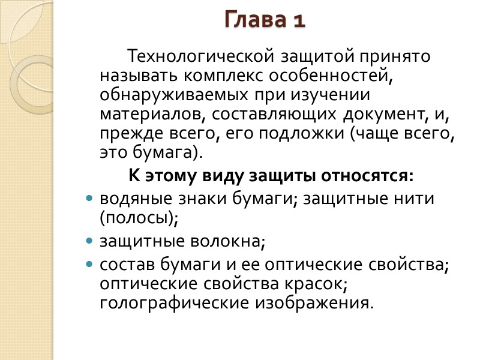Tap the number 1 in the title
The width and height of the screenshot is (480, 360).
tap(299, 20)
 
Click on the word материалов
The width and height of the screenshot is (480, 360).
tap(145, 114)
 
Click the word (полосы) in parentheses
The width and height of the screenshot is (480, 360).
tap(140, 218)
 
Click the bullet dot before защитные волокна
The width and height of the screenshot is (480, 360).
tap(90, 241)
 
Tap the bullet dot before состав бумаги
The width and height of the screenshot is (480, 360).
tap(90, 265)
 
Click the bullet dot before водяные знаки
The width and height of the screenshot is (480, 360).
tap(90, 199)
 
